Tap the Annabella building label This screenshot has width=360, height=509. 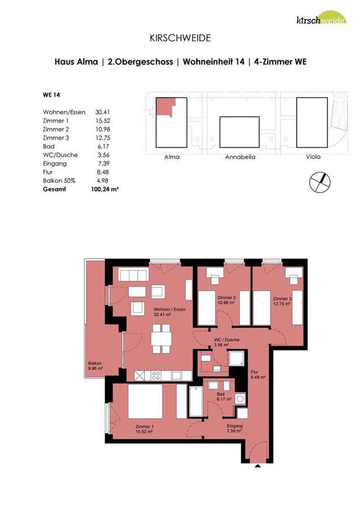click(x=240, y=157)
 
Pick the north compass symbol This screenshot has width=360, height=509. click(x=320, y=182)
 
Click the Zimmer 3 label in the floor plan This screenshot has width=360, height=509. click(x=281, y=300)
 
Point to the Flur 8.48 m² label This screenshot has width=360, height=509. click(x=258, y=373)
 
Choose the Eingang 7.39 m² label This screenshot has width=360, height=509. click(x=234, y=427)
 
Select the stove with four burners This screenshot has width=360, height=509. click(x=155, y=376)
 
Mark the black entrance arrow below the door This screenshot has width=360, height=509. click(x=258, y=466)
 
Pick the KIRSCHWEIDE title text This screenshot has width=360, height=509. click(x=180, y=38)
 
